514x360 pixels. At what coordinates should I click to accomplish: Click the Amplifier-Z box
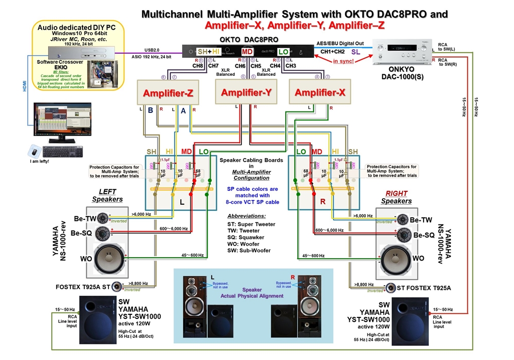[169, 93]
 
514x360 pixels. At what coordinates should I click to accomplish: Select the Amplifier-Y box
[246, 92]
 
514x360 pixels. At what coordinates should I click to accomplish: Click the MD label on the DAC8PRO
[247, 52]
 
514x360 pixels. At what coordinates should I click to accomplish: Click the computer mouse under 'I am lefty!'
[34, 151]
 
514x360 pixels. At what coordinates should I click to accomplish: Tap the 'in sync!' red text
[343, 61]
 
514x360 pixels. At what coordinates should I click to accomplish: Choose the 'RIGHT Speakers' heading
[397, 197]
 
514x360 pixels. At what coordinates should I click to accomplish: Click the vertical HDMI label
[25, 86]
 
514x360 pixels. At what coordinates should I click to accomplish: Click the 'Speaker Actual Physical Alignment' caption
[252, 293]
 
